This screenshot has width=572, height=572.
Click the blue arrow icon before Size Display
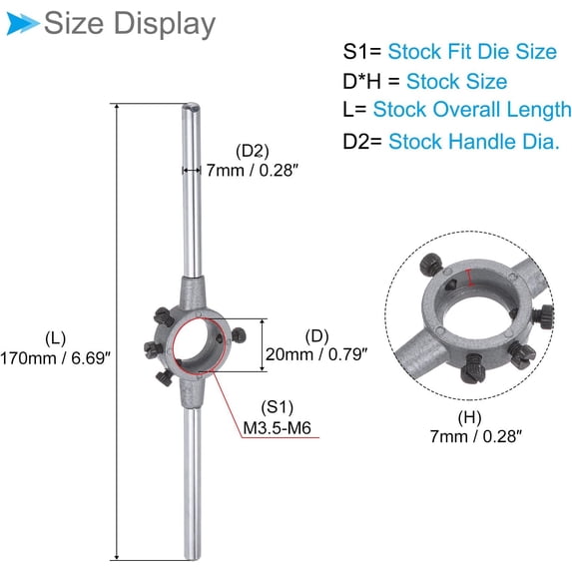[x=20, y=22]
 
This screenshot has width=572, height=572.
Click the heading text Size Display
[x=130, y=23]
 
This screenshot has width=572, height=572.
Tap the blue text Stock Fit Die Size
[x=472, y=51]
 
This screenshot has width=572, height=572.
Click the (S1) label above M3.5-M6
[x=274, y=408]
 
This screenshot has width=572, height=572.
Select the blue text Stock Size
[x=456, y=81]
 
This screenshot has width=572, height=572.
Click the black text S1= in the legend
[x=362, y=51]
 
